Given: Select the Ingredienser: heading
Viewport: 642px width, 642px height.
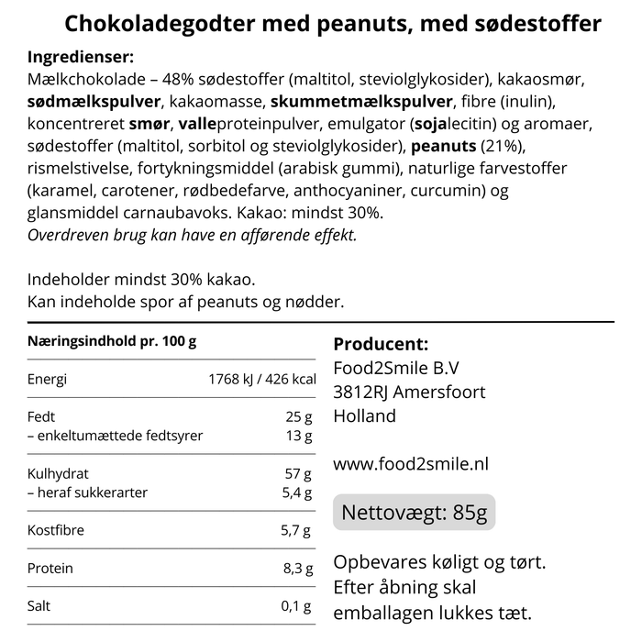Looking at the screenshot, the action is pyautogui.click(x=81, y=57).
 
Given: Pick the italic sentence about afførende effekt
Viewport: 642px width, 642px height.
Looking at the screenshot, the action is pyautogui.click(x=192, y=235).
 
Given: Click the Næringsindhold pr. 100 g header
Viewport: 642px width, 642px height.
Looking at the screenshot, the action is pyautogui.click(x=112, y=341).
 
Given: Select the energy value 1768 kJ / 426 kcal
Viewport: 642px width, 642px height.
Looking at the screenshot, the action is pyautogui.click(x=262, y=380).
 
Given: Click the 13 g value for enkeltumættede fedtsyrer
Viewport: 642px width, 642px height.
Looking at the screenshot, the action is pyautogui.click(x=299, y=436).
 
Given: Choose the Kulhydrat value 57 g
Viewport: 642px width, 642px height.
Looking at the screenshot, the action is pyautogui.click(x=299, y=474).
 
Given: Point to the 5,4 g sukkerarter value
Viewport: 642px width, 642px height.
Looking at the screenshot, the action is pyautogui.click(x=295, y=493).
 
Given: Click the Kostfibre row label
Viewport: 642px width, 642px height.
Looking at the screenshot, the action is pyautogui.click(x=55, y=531).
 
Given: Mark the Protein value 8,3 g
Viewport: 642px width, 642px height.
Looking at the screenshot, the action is pyautogui.click(x=296, y=569).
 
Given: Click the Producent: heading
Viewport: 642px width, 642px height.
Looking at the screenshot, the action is pyautogui.click(x=381, y=345).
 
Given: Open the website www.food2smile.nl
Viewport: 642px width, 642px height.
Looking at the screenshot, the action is pyautogui.click(x=410, y=464).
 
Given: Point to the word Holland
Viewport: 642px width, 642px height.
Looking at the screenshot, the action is pyautogui.click(x=365, y=416).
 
